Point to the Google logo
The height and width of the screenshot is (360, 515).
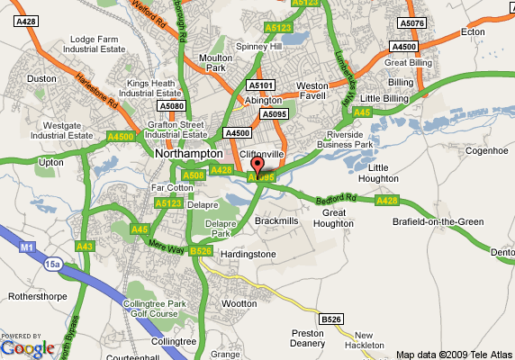pyautogui.click(x=27, y=346)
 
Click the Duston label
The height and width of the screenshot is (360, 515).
pyautogui.click(x=41, y=79)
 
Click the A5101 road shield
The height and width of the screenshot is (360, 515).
pyautogui.click(x=259, y=85)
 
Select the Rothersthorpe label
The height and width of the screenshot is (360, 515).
pyautogui.click(x=36, y=295)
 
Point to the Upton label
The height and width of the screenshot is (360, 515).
pyautogui.click(x=52, y=163)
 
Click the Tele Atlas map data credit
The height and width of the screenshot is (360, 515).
pyautogui.click(x=454, y=354)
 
